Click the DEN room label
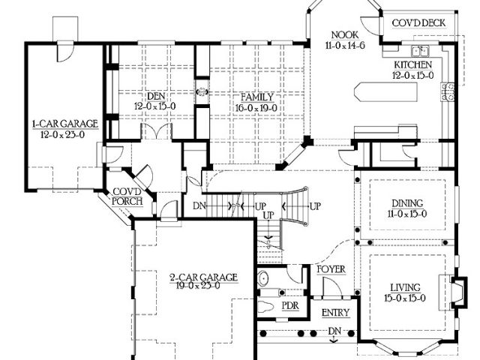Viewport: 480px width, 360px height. tap(156, 96)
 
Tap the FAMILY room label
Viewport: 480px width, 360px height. tap(257, 97)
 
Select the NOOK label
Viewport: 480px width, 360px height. tap(345, 35)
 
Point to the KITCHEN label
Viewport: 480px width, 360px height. tap(413, 64)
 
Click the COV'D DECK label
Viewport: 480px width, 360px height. tap(418, 23)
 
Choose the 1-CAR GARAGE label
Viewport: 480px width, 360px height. tap(65, 124)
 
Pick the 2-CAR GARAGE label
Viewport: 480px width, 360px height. tap(203, 277)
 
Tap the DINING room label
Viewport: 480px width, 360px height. tap(407, 203)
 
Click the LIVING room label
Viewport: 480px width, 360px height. tap(405, 288)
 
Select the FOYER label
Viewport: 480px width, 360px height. tap(331, 269)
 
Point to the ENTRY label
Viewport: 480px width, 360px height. tap(335, 313)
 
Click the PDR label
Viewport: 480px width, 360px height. tap(290, 306)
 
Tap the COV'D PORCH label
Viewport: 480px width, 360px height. tap(127, 196)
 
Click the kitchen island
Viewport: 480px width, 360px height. tap(385, 91)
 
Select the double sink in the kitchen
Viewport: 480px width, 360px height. tap(420, 51)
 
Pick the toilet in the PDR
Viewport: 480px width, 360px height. tap(265, 307)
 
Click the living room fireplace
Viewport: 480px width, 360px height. tap(458, 292)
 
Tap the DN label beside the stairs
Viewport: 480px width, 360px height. tap(199, 206)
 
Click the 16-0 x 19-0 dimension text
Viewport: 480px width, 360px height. tap(256, 108)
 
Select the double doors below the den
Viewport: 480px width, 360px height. tap(157, 131)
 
